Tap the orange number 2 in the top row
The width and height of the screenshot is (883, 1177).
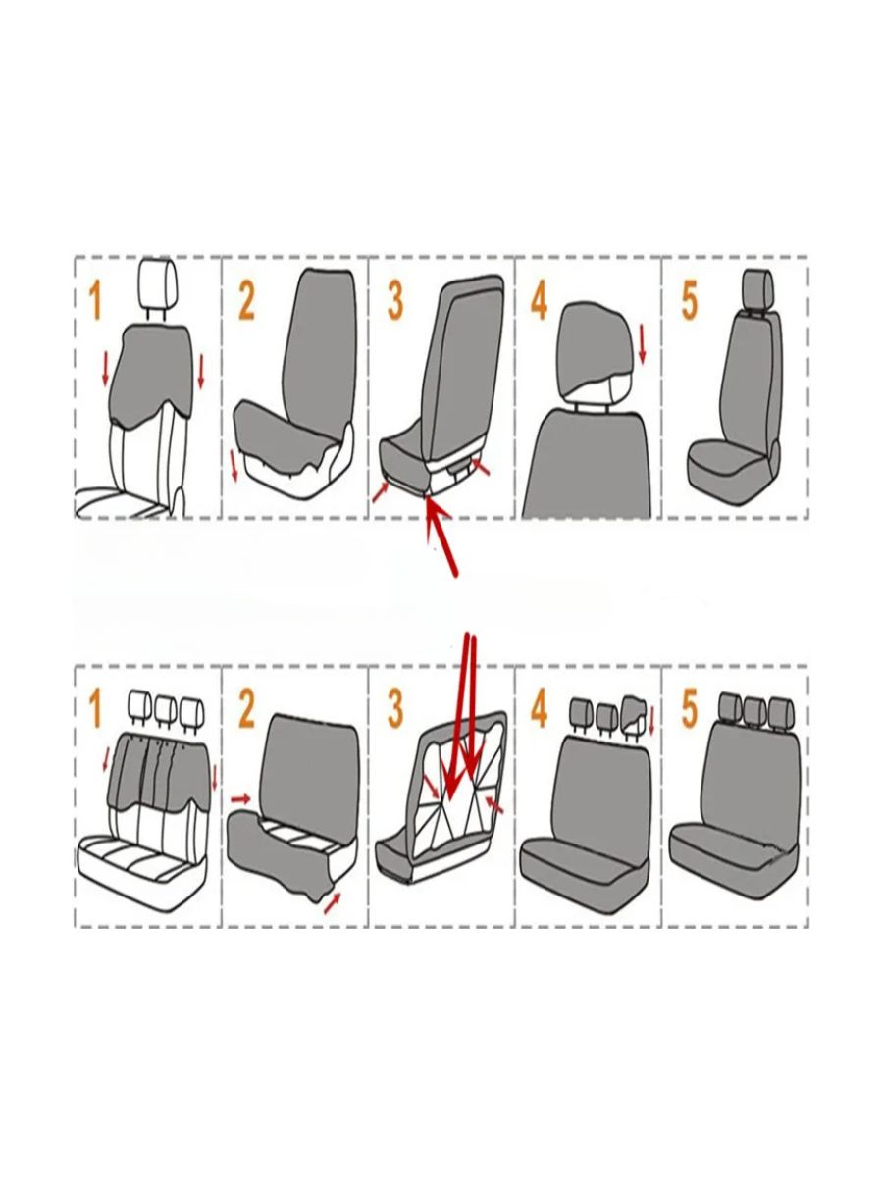click(246, 302)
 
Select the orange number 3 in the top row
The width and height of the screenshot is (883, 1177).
click(394, 302)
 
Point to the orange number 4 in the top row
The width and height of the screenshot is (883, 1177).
click(539, 302)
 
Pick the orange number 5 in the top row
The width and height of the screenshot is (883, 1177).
click(690, 302)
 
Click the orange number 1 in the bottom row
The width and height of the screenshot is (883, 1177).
click(95, 709)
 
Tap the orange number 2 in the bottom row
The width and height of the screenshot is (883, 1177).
click(246, 709)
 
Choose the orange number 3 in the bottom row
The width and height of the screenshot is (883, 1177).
click(394, 709)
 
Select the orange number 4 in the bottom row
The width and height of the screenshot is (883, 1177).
click(539, 709)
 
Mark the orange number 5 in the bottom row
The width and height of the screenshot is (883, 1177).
click(690, 709)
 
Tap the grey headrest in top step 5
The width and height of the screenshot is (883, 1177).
click(757, 284)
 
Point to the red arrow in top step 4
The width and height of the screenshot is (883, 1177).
click(643, 345)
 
